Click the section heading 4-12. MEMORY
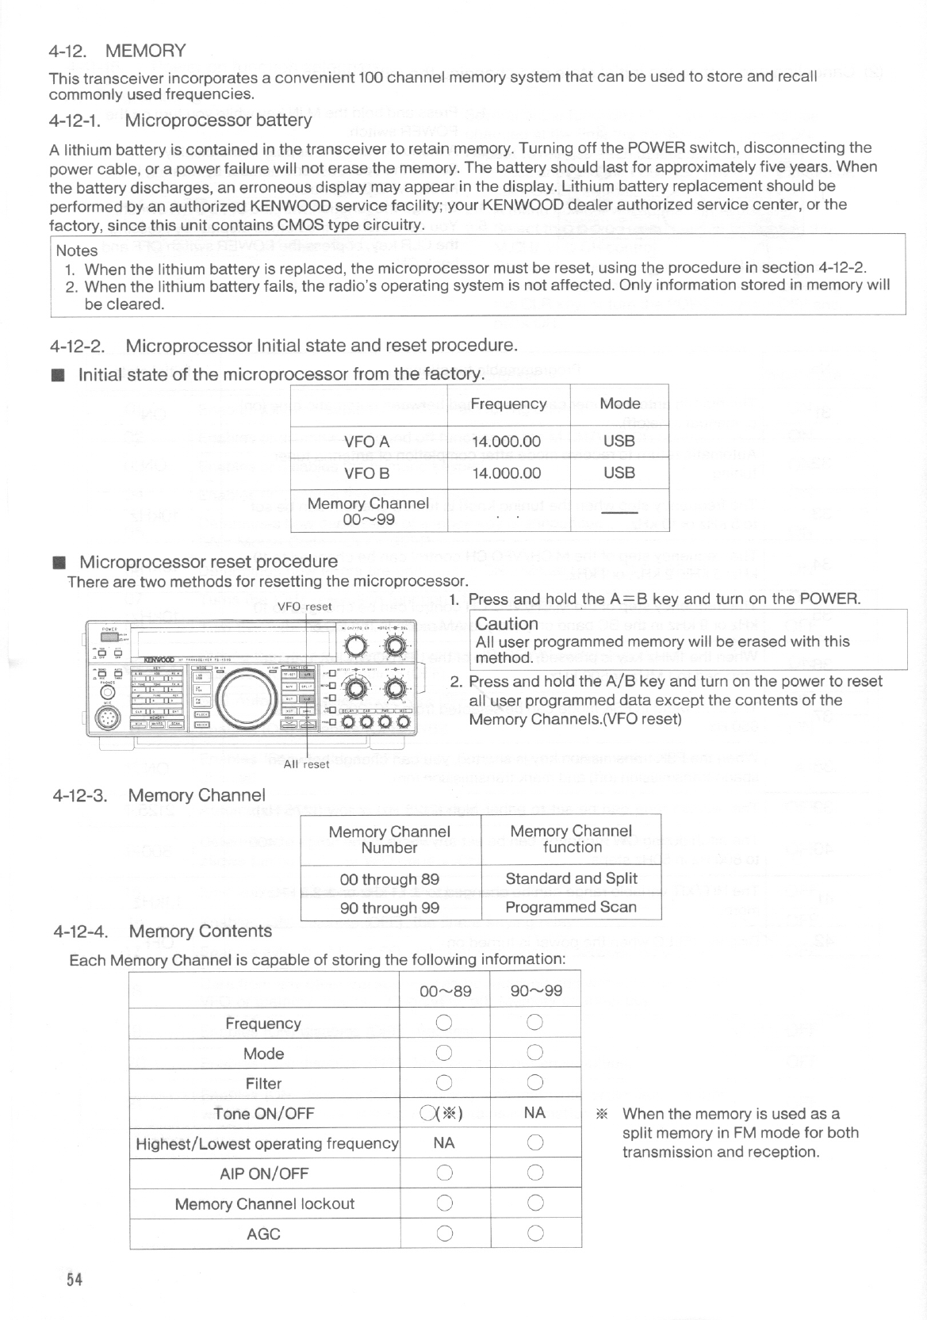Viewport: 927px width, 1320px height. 117,52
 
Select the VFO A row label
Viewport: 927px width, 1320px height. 366,442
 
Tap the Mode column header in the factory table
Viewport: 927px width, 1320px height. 619,404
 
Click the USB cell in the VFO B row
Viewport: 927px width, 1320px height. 619,473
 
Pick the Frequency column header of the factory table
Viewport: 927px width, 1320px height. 508,404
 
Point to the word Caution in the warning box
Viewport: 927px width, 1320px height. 507,624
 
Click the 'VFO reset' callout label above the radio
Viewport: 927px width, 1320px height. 305,606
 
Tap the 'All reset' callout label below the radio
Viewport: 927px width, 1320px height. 306,764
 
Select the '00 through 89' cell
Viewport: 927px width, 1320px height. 389,879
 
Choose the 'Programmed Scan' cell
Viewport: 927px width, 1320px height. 571,907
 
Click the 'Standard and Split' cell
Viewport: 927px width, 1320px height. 571,878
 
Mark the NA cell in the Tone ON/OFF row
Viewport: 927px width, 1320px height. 535,1112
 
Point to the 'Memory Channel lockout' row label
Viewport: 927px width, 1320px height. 264,1203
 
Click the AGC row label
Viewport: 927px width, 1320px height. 264,1234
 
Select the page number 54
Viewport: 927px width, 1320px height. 75,1279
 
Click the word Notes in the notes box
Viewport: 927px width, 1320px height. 77,251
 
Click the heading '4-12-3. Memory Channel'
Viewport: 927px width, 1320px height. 158,795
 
